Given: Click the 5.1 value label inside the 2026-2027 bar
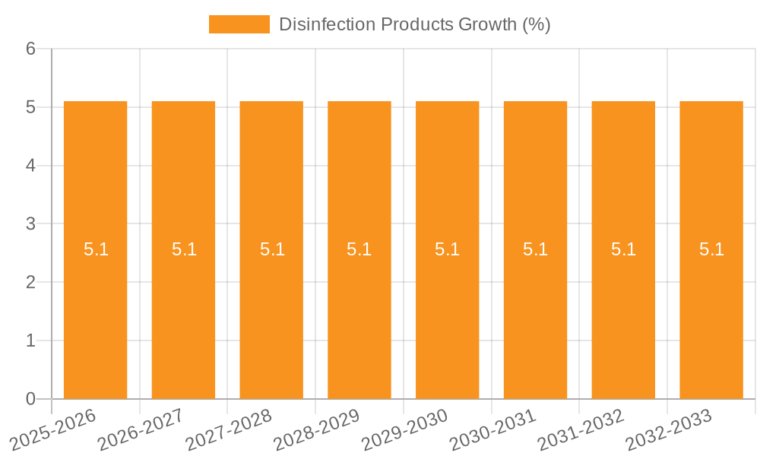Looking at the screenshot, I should (184, 249).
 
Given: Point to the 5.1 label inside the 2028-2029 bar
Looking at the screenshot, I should (359, 249).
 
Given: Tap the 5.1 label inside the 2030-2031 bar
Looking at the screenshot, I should (535, 249).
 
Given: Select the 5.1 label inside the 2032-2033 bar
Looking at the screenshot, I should (711, 249).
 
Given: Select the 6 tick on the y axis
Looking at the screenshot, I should (31, 49).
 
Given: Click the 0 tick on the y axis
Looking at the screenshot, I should (31, 399).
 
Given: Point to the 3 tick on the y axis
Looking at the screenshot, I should (31, 224).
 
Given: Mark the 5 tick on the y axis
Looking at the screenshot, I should (31, 108).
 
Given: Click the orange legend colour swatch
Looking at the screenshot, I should (239, 24).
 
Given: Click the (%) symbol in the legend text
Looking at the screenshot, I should (535, 24).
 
